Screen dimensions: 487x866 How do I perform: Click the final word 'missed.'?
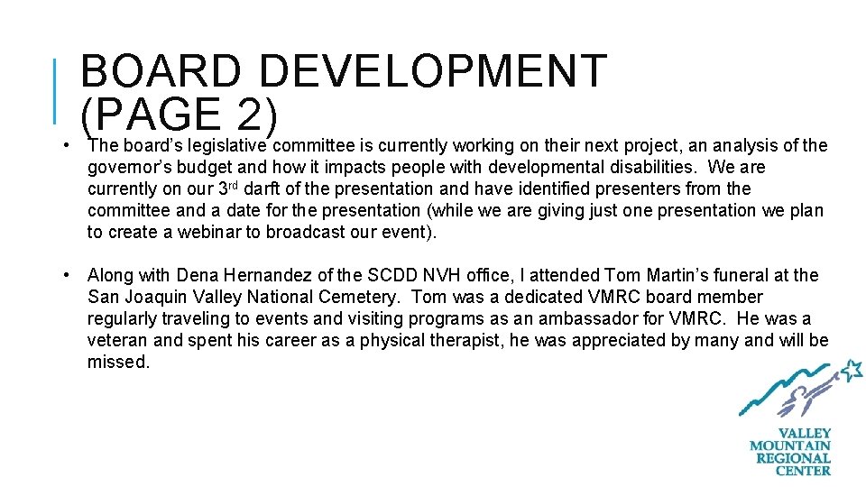point(118,362)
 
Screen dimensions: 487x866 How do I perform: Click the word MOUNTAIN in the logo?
point(790,446)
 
